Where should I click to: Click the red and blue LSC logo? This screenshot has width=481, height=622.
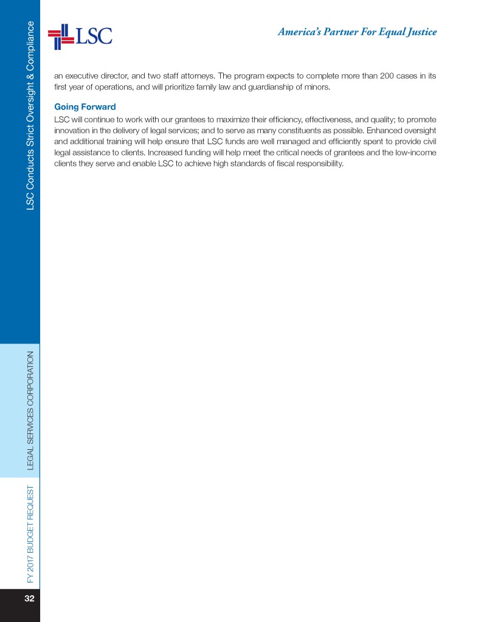(x=80, y=36)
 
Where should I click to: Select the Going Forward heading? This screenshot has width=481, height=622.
(x=85, y=107)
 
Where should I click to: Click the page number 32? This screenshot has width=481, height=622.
(x=29, y=599)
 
